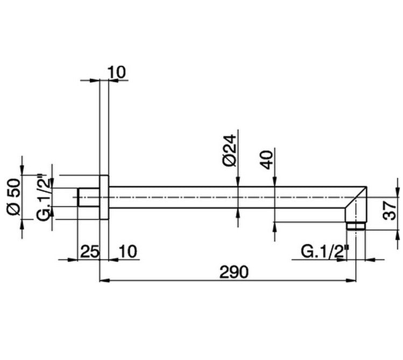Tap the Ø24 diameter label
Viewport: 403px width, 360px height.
(229, 153)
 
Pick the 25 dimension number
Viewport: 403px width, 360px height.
(89, 251)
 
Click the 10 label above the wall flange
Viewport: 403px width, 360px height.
(117, 72)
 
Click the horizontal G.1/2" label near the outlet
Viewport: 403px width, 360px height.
(326, 251)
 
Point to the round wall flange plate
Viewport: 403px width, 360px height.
(104, 197)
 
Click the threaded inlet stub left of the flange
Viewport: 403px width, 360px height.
(89, 197)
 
